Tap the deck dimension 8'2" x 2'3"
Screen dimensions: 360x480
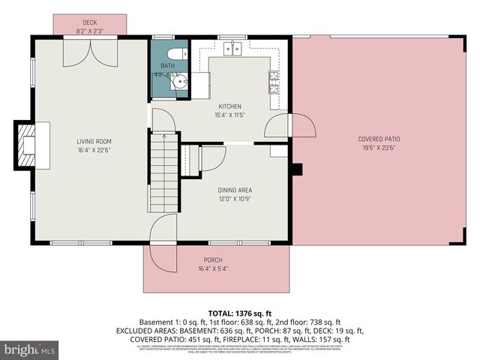click(91, 31)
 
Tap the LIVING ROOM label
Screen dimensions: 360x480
click(94, 141)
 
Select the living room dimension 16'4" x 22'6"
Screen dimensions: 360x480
click(94, 149)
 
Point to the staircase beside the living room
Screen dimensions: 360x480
click(163, 172)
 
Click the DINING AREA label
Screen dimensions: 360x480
click(235, 190)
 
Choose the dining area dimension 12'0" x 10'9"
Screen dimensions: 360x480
click(235, 199)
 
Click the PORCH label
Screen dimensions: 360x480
click(213, 260)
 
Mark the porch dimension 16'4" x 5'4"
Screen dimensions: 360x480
click(213, 268)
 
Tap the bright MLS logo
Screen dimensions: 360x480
click(30, 349)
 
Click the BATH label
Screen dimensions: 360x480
click(168, 66)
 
